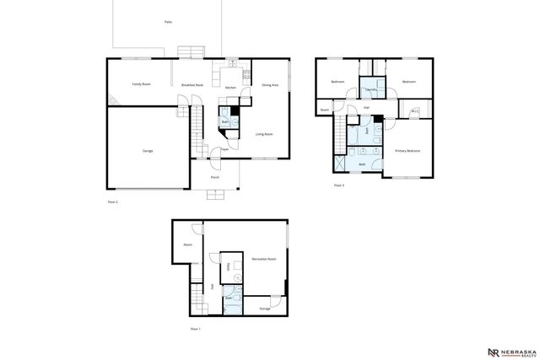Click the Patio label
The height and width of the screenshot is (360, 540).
[x=168, y=22]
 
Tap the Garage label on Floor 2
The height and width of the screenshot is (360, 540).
[x=148, y=151]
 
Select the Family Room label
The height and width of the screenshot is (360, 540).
[x=141, y=85]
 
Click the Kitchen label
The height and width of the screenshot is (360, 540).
[x=230, y=88]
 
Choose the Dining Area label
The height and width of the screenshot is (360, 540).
[x=270, y=85]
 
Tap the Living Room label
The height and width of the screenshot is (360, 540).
[x=264, y=134]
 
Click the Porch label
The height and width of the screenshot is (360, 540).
[x=215, y=178]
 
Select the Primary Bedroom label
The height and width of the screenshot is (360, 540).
[x=408, y=151]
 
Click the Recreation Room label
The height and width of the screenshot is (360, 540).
[x=264, y=259]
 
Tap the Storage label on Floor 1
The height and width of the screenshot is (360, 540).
[x=265, y=309]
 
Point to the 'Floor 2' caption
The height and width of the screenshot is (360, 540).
[x=113, y=203]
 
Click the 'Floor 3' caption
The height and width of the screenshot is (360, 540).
[x=339, y=185]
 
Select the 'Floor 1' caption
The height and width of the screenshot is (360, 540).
[x=194, y=328]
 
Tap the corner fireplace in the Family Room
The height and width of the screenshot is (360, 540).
[x=111, y=99]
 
